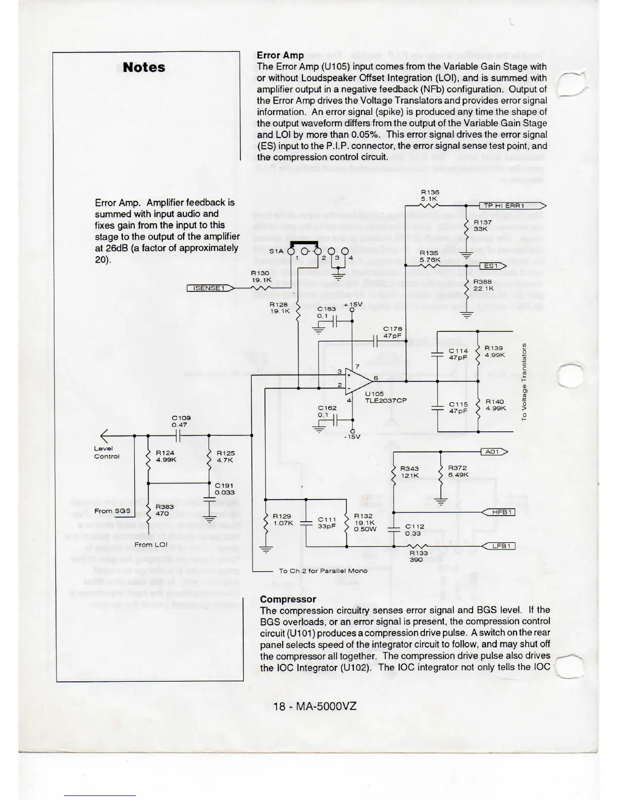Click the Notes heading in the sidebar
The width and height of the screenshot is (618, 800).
144,67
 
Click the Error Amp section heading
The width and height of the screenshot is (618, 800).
280,55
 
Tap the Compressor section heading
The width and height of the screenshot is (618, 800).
288,599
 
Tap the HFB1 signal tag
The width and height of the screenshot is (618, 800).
499,512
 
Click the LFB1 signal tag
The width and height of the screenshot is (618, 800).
499,546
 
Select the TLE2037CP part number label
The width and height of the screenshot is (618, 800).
386,401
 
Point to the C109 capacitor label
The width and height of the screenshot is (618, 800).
181,418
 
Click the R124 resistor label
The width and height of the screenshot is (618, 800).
165,453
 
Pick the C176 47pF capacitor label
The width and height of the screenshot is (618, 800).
392,332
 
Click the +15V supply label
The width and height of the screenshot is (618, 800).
353,305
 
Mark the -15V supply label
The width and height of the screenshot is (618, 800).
352,437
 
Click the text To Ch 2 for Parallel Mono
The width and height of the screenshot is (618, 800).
323,571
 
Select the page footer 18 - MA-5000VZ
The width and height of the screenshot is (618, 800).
315,706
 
